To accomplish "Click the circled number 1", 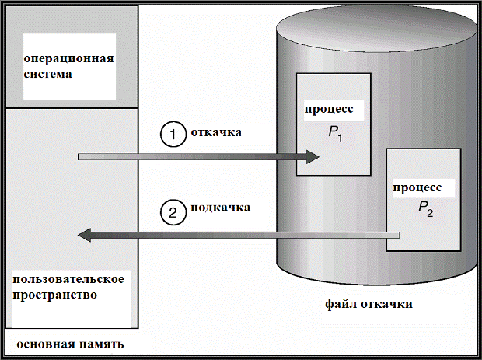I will (173, 134).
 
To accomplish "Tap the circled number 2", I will (173, 211).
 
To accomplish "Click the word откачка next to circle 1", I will (216, 132).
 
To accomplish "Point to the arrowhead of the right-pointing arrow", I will (311, 157).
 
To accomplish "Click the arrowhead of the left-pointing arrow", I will (86, 234).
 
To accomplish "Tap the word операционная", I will (68, 61).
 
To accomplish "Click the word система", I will (47, 75).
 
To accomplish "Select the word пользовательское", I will (69, 278).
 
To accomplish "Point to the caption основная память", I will (69, 343).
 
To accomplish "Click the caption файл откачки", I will (368, 303).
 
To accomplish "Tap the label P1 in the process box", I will (335, 131).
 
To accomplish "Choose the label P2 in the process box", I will (424, 208).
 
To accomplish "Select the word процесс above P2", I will (417, 187).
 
